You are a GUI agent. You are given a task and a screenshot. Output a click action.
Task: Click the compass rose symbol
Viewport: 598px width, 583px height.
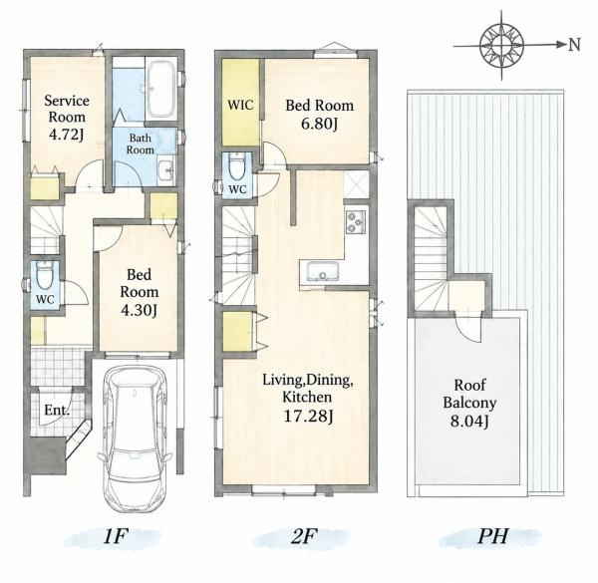[x=501, y=45]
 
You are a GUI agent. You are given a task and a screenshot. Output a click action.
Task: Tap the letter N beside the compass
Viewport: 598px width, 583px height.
[x=574, y=45]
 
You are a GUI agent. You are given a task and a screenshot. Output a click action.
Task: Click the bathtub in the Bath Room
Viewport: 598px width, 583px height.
[x=161, y=89]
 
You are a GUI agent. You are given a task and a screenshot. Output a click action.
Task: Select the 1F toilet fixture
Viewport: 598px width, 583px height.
[x=44, y=275]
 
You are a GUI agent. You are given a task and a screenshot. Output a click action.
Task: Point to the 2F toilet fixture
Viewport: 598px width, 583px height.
[x=237, y=166]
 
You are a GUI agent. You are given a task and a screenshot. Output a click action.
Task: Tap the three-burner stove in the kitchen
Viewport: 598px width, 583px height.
[x=356, y=221]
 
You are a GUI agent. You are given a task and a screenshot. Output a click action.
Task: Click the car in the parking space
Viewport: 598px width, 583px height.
[x=135, y=439]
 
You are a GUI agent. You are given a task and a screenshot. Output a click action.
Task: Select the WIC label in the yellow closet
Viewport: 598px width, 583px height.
[x=240, y=105]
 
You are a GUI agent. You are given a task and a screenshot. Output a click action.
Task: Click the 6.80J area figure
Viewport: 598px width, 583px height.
[x=319, y=124]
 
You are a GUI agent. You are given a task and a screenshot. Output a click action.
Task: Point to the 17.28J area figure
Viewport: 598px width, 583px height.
[x=308, y=416]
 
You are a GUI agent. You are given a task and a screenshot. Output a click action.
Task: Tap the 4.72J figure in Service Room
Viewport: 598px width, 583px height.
[x=67, y=135]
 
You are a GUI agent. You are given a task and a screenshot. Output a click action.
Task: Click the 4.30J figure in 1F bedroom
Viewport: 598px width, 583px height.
[x=139, y=310]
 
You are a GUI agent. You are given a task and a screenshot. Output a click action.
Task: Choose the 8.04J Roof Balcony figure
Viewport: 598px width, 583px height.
[x=469, y=421]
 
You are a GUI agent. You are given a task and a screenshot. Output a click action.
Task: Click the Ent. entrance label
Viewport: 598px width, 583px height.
[x=57, y=411]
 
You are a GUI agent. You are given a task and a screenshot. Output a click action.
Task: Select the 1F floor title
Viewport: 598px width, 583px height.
[x=114, y=536]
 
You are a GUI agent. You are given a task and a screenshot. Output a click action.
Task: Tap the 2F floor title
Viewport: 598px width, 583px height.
[x=304, y=536]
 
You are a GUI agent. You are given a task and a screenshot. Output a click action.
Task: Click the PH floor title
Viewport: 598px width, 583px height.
[x=492, y=536]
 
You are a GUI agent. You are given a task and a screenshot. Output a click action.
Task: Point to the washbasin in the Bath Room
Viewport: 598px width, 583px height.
[x=165, y=170]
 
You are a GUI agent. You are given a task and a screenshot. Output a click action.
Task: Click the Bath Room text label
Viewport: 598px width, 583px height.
[x=141, y=144]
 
